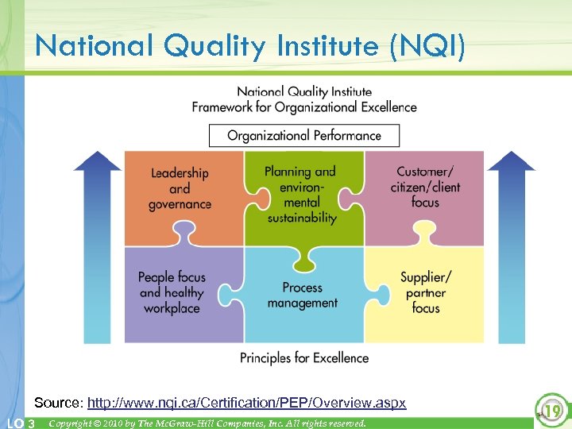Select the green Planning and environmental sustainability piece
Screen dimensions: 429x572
[300, 194]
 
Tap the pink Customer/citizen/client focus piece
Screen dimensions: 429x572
[425, 187]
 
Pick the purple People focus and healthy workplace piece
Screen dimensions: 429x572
[172, 292]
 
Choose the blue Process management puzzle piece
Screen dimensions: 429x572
[302, 296]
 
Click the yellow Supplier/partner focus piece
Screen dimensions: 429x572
[426, 292]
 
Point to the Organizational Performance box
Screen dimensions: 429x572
[304, 135]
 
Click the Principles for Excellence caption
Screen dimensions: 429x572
[304, 357]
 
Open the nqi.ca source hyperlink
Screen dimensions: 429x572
[246, 403]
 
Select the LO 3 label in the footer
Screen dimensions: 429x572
[20, 423]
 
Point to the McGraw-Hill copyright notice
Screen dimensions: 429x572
[207, 423]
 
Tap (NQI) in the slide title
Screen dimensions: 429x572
[431, 46]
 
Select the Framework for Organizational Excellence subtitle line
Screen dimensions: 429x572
[304, 106]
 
